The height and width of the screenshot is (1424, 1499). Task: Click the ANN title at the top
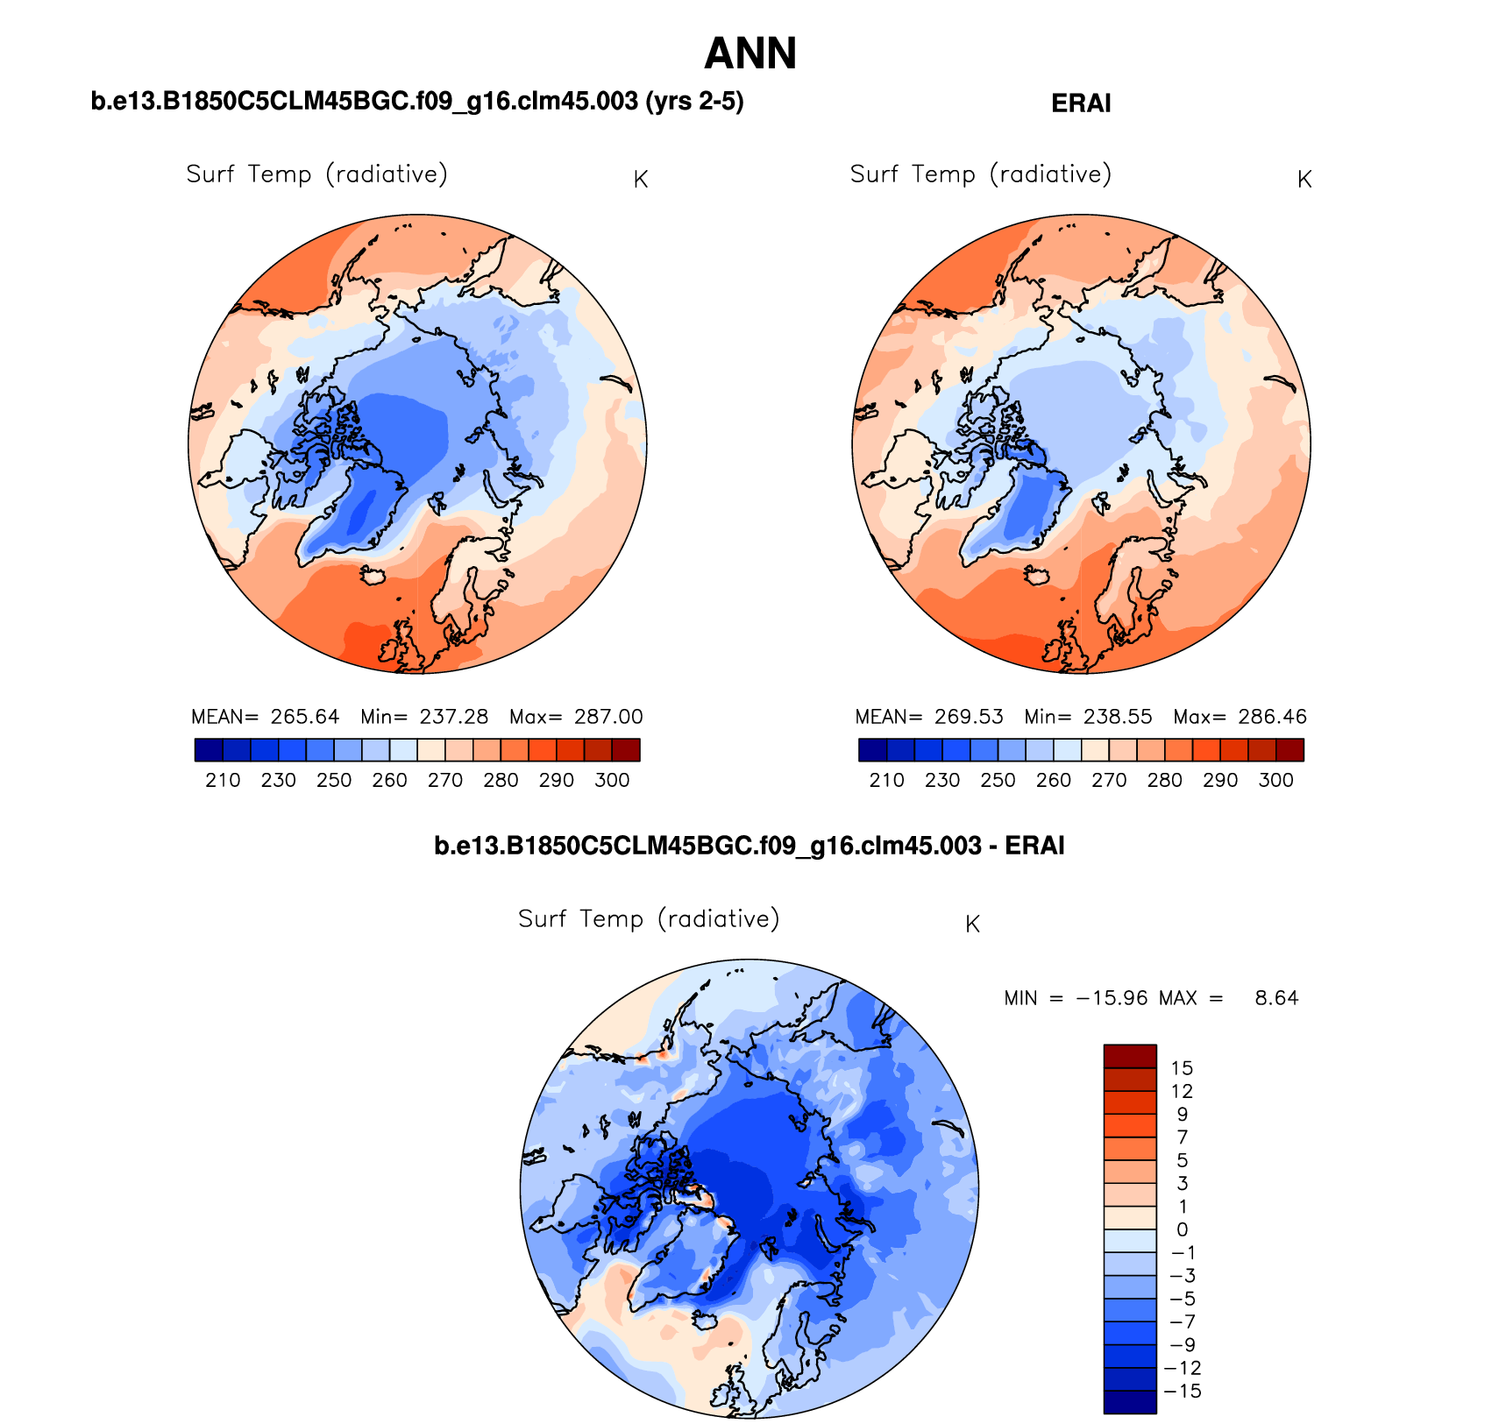(749, 53)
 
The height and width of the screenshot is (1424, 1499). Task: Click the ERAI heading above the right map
(1081, 103)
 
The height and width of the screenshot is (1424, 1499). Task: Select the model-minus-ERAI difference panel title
(749, 846)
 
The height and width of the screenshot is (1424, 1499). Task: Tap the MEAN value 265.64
(304, 717)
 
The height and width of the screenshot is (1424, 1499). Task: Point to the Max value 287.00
(608, 717)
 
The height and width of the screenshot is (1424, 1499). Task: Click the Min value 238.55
(1118, 717)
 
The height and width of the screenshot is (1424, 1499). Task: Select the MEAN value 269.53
(968, 717)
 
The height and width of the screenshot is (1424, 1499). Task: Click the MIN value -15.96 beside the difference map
(1112, 998)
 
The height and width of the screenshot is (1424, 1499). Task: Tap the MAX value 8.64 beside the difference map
(1276, 998)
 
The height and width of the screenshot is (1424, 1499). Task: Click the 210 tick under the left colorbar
(223, 780)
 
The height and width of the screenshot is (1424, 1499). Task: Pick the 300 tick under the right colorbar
(1275, 780)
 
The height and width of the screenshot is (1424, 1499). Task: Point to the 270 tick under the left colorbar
(445, 780)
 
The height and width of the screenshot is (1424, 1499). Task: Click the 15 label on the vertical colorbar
(1182, 1068)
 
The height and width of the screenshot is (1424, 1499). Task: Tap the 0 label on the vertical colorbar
(1182, 1229)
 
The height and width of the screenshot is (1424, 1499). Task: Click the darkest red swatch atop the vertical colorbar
(1130, 1056)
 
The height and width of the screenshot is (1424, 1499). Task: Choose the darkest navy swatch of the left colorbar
(209, 750)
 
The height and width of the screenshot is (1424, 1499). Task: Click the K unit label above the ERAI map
(1304, 180)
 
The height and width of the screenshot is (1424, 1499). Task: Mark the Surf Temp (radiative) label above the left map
(316, 174)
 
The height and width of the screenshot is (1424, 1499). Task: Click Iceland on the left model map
(374, 575)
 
